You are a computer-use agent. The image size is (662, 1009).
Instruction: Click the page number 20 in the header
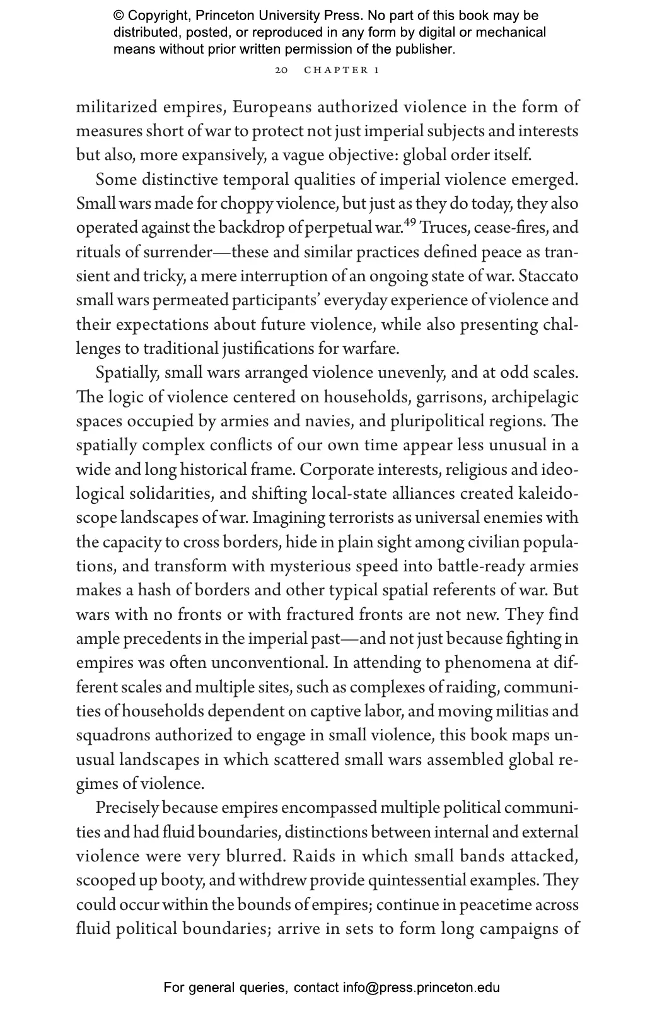coord(281,70)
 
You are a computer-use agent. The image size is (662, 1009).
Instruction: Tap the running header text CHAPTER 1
coord(341,70)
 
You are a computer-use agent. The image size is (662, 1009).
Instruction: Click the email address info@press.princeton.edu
coord(421,988)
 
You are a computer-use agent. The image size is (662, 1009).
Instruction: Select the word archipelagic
coord(535,397)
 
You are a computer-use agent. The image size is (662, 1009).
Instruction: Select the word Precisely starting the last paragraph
coord(128,808)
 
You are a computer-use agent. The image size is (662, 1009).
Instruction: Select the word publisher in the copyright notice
coord(426,49)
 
